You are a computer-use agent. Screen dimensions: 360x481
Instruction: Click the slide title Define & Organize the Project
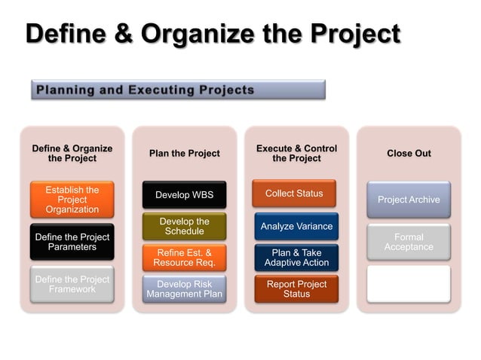click(213, 34)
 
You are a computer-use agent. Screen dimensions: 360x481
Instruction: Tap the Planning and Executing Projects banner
click(178, 90)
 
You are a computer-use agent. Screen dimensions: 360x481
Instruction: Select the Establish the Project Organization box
click(72, 200)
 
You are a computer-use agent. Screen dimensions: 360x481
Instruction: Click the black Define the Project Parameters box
click(72, 242)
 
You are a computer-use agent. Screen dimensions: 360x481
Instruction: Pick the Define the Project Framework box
click(72, 284)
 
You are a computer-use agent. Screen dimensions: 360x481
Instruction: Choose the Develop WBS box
click(185, 195)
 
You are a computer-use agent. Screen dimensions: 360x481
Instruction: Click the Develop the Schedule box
click(185, 227)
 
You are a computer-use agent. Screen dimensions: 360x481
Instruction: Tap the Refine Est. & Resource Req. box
click(185, 258)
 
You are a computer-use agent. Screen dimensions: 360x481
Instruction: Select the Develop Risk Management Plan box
click(185, 289)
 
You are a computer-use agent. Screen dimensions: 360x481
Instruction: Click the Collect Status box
click(294, 194)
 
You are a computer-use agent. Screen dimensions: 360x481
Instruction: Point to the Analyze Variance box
click(296, 226)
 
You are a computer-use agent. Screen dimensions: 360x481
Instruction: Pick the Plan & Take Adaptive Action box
click(296, 258)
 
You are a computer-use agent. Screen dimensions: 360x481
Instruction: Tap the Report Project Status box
click(296, 289)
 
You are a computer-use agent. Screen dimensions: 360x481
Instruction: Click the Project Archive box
click(409, 200)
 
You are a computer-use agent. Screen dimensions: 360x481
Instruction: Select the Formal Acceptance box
click(409, 242)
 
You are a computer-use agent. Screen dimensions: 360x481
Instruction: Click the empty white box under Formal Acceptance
click(409, 284)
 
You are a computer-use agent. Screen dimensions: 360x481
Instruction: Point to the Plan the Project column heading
click(185, 154)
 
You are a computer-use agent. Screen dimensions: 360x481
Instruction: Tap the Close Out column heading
click(409, 154)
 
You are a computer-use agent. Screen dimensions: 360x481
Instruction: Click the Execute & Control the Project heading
click(296, 154)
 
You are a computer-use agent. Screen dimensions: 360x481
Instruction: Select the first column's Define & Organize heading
click(72, 154)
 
